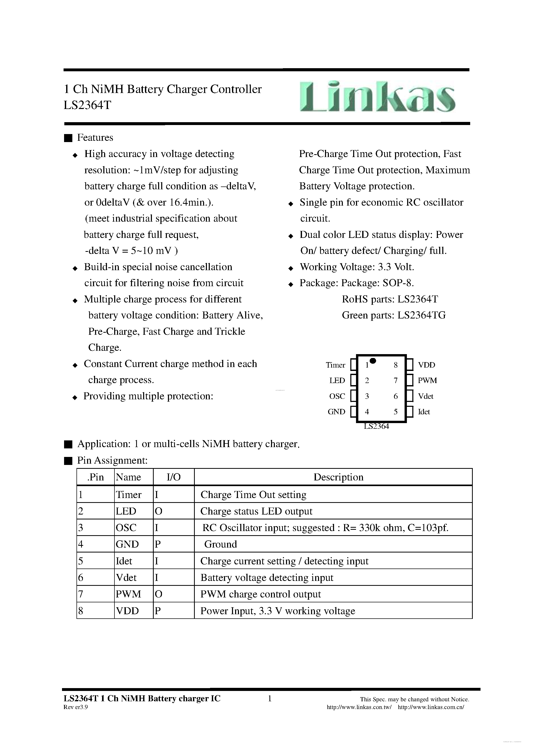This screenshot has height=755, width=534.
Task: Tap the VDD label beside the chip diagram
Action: point(426,365)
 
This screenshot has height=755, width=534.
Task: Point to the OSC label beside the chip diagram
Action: point(337,396)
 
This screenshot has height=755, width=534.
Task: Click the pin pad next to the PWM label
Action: point(409,380)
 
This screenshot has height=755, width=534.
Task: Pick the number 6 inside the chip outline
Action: point(396,396)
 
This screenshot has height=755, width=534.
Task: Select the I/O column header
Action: point(173,477)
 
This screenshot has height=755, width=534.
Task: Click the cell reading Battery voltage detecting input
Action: point(267,578)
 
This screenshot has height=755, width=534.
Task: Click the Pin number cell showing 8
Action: point(81,611)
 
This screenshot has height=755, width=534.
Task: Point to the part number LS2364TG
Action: point(421,315)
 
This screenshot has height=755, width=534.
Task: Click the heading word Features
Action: point(95,137)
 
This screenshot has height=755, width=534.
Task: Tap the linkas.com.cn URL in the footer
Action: point(431,707)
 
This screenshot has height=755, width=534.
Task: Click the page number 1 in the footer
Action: point(270,698)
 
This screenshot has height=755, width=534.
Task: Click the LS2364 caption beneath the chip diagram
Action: point(376,426)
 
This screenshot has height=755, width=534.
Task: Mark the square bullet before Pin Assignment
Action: point(68,461)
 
